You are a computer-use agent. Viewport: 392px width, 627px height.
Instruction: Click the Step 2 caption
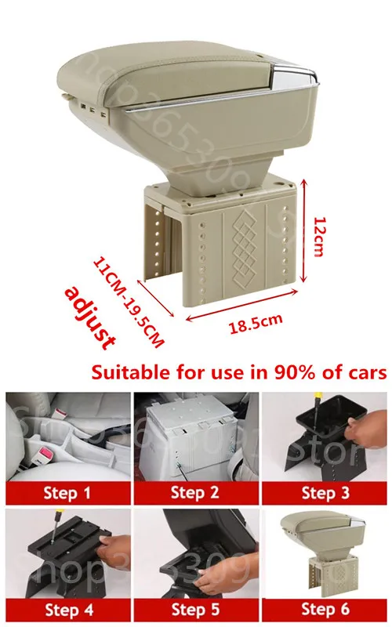pos(196,493)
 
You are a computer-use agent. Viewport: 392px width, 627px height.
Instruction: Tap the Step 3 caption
pos(325,493)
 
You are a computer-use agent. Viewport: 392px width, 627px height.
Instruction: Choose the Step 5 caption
pos(196,610)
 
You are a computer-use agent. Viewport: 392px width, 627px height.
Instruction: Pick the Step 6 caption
pos(325,610)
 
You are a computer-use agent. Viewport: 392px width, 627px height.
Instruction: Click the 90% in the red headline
pos(271,371)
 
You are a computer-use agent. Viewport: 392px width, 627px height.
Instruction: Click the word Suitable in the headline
pos(125,371)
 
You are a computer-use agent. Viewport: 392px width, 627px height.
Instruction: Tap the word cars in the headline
pos(362,371)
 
